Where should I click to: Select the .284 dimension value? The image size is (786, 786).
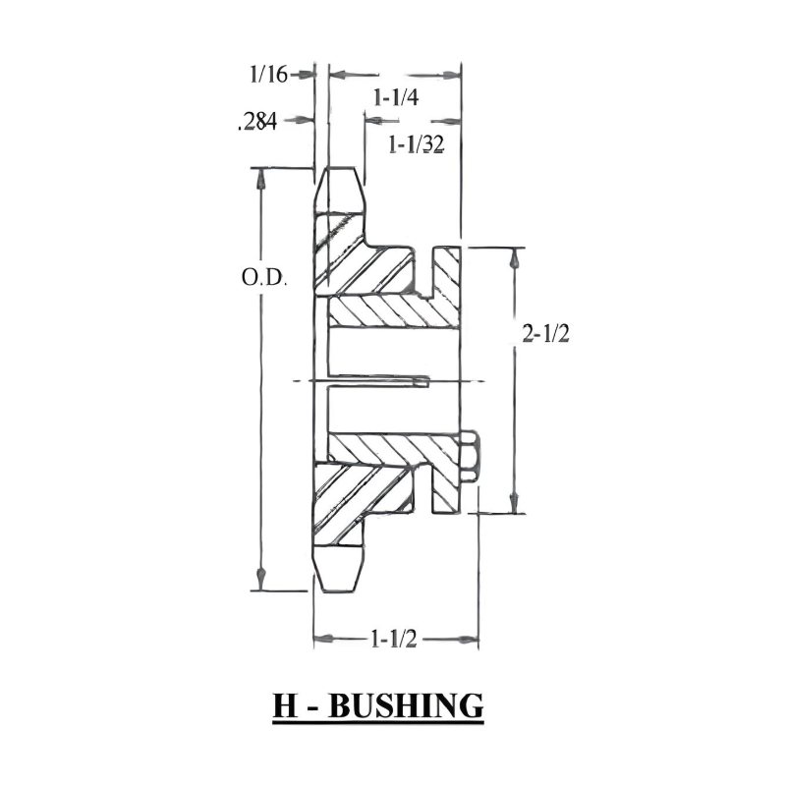(x=255, y=122)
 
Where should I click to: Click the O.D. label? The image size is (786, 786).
(x=263, y=278)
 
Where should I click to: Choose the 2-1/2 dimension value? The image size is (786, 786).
(x=546, y=334)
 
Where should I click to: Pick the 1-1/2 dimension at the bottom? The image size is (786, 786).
(x=395, y=640)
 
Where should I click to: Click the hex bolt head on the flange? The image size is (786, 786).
(x=469, y=456)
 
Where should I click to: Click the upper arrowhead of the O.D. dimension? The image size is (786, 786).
(x=262, y=177)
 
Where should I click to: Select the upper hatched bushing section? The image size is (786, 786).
(x=393, y=312)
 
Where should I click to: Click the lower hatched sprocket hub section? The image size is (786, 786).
(x=359, y=501)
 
